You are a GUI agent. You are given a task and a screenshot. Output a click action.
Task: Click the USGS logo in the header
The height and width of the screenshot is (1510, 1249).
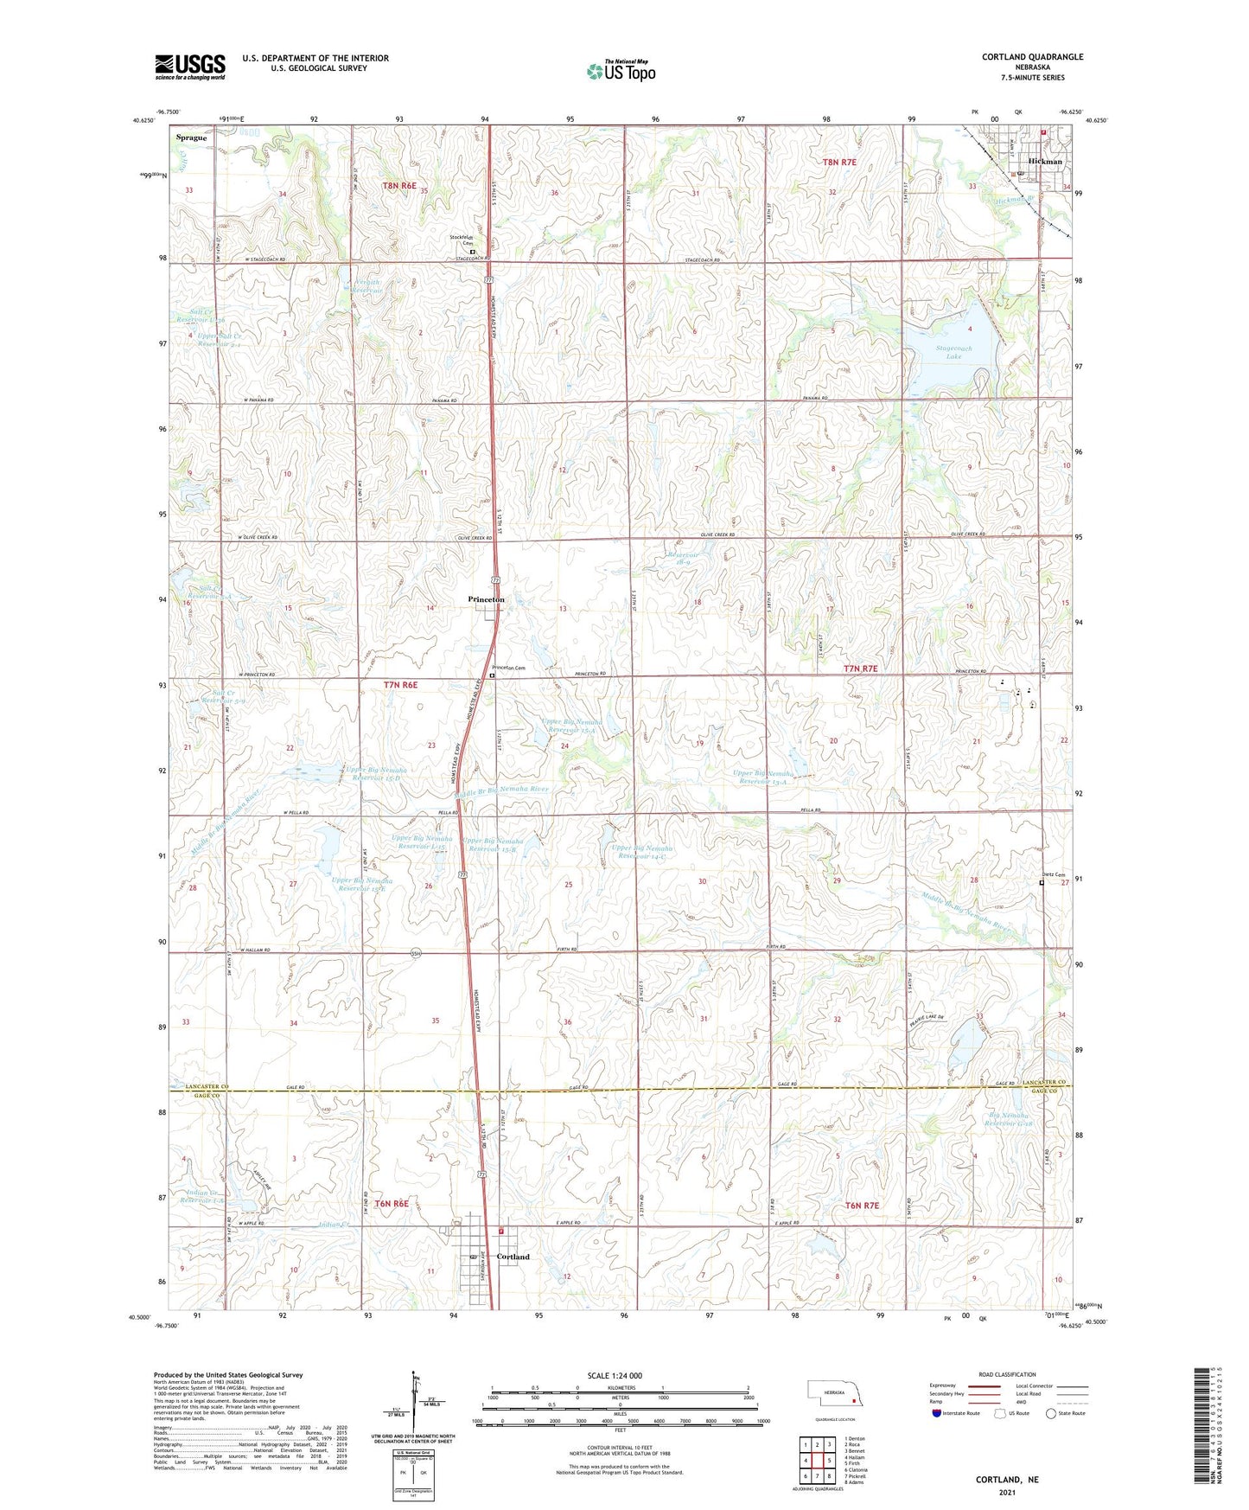[x=190, y=66]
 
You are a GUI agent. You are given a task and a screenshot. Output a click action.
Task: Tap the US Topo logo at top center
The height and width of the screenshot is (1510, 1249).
[x=621, y=71]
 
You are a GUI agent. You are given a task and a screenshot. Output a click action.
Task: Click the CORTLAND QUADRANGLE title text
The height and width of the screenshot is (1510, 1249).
[x=1032, y=57]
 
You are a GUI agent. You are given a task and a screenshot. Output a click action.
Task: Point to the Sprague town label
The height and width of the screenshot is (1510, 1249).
[x=191, y=138]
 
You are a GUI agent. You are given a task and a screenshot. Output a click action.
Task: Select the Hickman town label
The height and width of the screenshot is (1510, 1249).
[x=1045, y=162]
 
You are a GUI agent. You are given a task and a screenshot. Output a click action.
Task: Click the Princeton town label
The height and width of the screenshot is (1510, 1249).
[x=486, y=599]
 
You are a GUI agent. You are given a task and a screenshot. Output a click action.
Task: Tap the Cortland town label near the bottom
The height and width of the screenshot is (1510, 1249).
[x=513, y=1257]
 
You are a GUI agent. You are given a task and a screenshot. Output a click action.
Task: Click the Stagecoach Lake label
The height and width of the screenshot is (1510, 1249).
[x=953, y=352]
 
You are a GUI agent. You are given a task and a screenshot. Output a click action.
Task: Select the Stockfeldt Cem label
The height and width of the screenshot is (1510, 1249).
[x=463, y=240]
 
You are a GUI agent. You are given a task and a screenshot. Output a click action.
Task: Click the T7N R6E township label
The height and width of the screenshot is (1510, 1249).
[x=400, y=685]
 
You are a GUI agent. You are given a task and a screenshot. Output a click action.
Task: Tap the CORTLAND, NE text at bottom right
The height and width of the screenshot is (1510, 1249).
[x=1007, y=1480]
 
